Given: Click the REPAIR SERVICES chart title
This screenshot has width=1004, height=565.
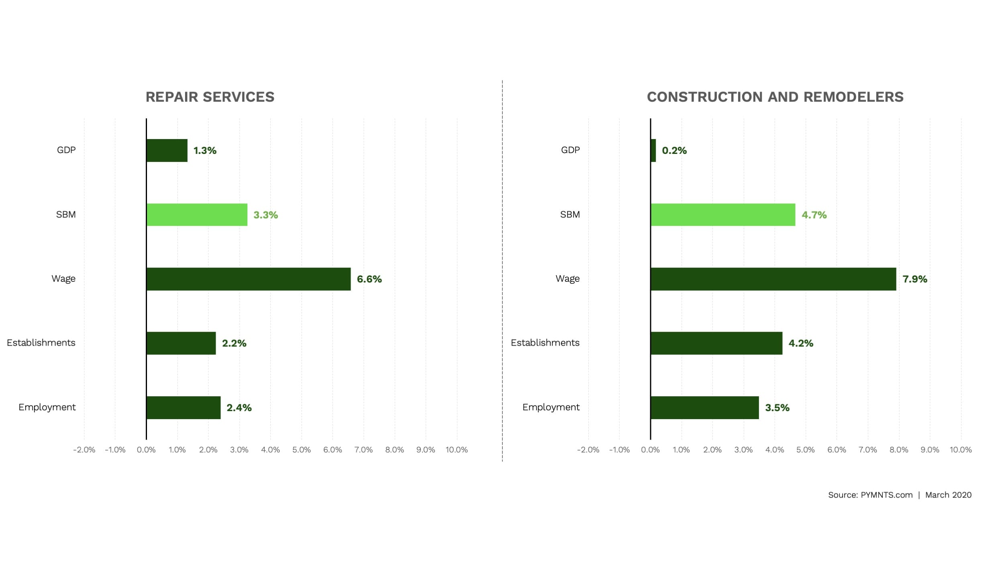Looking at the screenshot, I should pyautogui.click(x=210, y=97).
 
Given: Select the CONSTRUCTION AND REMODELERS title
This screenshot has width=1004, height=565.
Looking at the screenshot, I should pyautogui.click(x=775, y=97).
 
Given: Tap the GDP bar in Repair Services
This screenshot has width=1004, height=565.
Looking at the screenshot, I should pyautogui.click(x=167, y=150).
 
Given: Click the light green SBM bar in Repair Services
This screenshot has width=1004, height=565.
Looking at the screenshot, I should pyautogui.click(x=197, y=215).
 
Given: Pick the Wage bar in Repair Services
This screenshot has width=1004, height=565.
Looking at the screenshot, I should pyautogui.click(x=248, y=279).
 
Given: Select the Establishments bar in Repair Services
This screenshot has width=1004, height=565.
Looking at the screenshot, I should pyautogui.click(x=181, y=343).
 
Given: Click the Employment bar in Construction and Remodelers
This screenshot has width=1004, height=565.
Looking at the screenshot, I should pyautogui.click(x=704, y=407).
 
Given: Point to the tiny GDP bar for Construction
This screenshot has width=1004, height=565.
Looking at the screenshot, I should pyautogui.click(x=653, y=150).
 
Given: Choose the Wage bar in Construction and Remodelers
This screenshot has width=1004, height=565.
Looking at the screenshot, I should pyautogui.click(x=773, y=279).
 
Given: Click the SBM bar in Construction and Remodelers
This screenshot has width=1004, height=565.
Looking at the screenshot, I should pyautogui.click(x=723, y=215).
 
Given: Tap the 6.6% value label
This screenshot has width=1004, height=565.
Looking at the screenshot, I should pyautogui.click(x=369, y=279).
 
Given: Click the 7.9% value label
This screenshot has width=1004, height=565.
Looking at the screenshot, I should pyautogui.click(x=914, y=279).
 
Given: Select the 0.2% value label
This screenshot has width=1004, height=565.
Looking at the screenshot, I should pyautogui.click(x=674, y=150).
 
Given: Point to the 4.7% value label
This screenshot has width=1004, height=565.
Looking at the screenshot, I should pyautogui.click(x=814, y=215).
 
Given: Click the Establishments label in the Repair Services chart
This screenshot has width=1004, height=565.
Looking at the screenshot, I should pyautogui.click(x=41, y=343).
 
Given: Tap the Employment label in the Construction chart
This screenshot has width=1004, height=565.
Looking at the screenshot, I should pyautogui.click(x=551, y=407).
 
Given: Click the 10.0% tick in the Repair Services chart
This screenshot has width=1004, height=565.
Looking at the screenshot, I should pyautogui.click(x=456, y=450).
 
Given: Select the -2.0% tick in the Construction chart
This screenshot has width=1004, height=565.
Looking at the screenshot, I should pyautogui.click(x=588, y=450).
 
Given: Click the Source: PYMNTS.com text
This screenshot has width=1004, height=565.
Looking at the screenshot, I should pyautogui.click(x=870, y=495).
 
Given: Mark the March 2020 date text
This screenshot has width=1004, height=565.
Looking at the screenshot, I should pyautogui.click(x=948, y=495).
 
